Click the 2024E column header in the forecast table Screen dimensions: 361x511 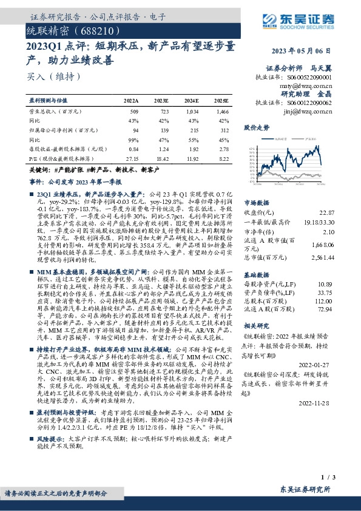[x=191, y=100]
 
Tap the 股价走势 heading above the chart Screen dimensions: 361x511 [x=256, y=128]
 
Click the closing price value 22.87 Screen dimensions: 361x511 [x=326, y=212]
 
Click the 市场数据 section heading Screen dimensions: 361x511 [x=256, y=202]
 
